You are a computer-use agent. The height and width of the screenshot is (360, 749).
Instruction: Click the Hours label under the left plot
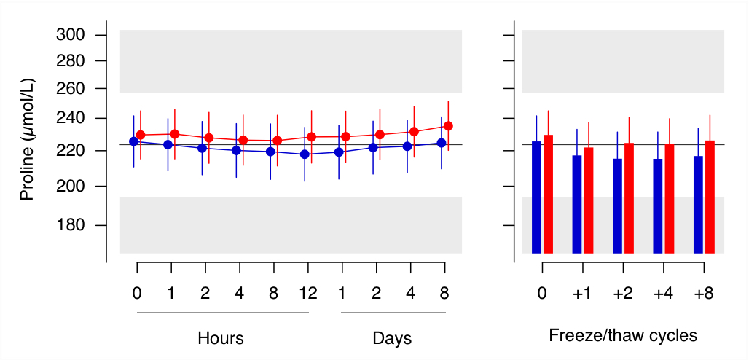(220, 338)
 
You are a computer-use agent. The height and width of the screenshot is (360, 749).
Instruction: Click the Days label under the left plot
(392, 338)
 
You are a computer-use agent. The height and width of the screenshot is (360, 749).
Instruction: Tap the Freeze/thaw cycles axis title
(622, 336)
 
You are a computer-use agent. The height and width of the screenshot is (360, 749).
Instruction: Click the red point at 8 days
(448, 126)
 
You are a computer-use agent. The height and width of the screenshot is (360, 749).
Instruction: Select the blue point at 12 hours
(305, 154)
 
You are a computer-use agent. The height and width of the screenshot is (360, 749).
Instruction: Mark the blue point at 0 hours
(133, 141)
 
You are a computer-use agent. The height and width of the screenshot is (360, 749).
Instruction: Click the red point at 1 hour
(175, 134)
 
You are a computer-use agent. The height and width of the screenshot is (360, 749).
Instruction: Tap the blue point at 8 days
(441, 143)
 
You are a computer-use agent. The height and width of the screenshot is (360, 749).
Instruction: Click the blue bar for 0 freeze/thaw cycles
(536, 197)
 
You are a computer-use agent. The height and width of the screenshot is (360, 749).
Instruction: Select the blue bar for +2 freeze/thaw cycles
(617, 206)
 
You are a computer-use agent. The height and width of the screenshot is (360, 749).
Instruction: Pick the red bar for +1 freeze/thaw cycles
(589, 200)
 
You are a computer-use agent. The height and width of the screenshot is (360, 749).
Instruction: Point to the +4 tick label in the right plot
(663, 294)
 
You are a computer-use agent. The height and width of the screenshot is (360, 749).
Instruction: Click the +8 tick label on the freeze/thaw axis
(703, 294)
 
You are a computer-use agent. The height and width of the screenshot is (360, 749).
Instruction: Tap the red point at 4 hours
(243, 140)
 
